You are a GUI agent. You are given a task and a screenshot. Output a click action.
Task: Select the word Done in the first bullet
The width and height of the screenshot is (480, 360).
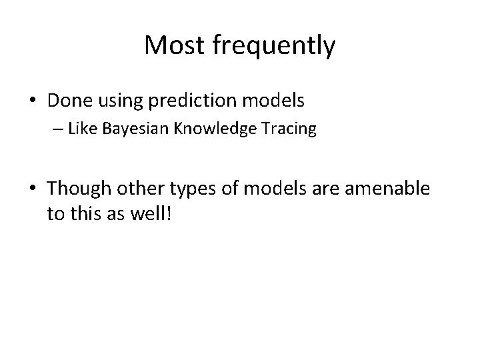click(69, 101)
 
